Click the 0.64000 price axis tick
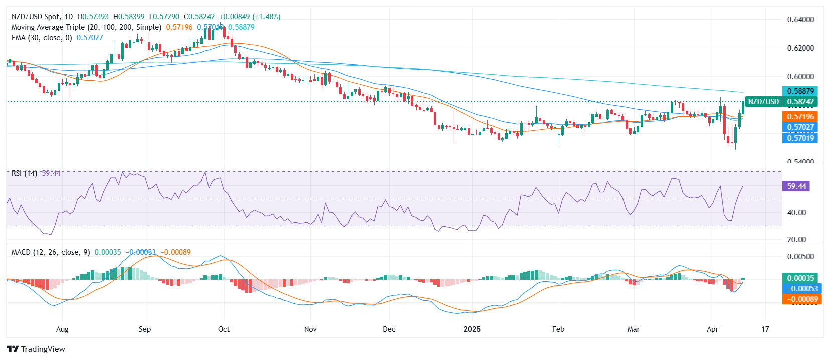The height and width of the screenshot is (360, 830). click(x=800, y=20)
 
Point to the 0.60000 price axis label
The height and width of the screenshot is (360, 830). click(x=800, y=77)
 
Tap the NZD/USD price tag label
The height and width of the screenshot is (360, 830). click(x=763, y=102)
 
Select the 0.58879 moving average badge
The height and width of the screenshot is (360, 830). click(x=800, y=91)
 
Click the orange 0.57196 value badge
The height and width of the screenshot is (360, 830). click(x=800, y=117)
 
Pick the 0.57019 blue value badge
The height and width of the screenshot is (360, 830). click(x=800, y=138)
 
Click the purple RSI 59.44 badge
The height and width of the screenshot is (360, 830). click(x=796, y=186)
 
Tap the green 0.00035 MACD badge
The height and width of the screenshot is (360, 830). click(x=800, y=278)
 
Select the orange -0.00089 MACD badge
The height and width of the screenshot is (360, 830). click(x=801, y=299)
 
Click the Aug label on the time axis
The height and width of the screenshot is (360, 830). click(x=62, y=329)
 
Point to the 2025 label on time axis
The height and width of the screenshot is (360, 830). click(x=472, y=329)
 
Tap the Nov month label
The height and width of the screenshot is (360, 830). click(x=310, y=329)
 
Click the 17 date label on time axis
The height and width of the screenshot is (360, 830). click(x=765, y=329)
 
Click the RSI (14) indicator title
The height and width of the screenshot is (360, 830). click(x=24, y=173)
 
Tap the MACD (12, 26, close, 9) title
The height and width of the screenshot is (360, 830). click(x=51, y=252)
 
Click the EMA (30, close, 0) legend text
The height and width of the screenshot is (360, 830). click(x=42, y=38)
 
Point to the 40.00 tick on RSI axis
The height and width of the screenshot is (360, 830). click(x=796, y=213)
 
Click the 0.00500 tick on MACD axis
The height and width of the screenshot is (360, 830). click(x=800, y=257)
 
